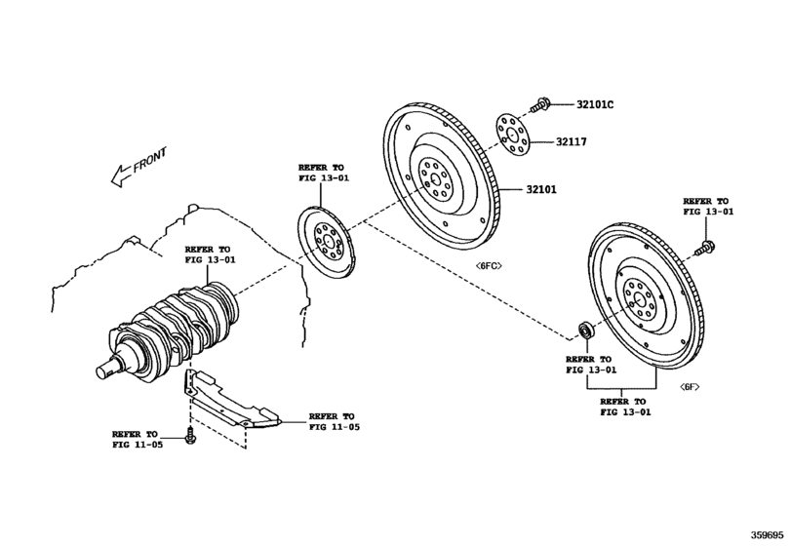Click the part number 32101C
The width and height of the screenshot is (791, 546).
596,104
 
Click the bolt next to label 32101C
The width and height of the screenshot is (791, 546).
542,102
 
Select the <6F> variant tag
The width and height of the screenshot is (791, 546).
691,387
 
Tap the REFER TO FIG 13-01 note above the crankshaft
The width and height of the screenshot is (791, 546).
210,255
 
